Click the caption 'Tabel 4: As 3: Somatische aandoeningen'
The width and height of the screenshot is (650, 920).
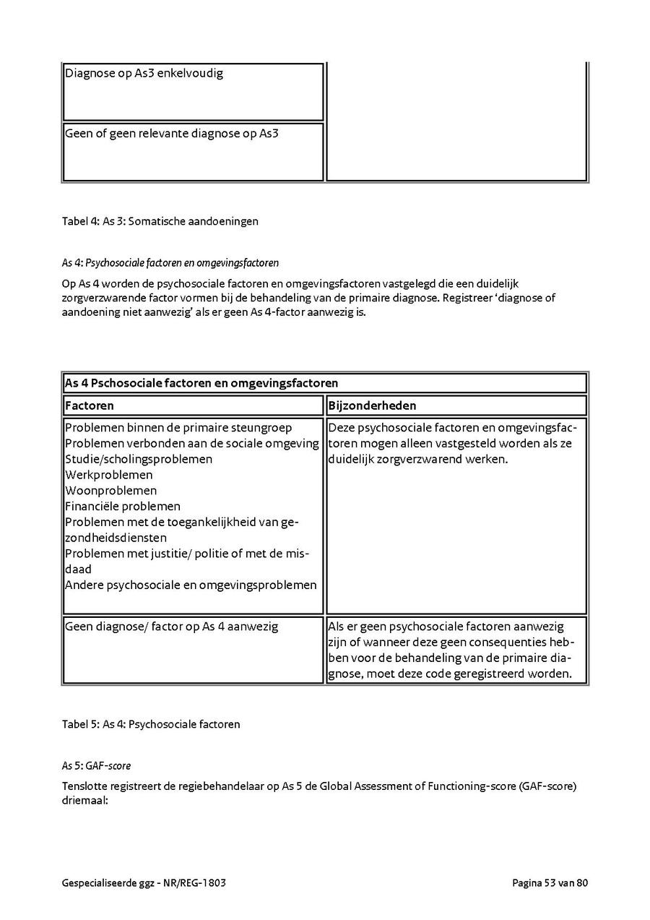click(x=160, y=221)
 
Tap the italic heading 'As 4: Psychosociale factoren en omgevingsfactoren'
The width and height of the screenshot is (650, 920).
click(x=170, y=262)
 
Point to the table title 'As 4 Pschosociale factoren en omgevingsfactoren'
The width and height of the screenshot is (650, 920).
click(x=201, y=382)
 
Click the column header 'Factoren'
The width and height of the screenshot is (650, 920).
click(x=90, y=405)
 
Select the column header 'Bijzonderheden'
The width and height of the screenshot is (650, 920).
click(x=372, y=405)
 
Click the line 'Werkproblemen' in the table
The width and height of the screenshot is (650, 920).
click(x=109, y=475)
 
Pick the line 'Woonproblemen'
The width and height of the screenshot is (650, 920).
click(x=110, y=491)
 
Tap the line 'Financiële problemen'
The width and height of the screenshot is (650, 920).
click(x=123, y=507)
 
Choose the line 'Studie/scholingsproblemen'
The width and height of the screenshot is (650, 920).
click(x=139, y=459)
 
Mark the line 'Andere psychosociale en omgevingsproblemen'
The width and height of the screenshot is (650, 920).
click(x=191, y=585)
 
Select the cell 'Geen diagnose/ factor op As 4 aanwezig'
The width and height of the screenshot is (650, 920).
click(x=171, y=627)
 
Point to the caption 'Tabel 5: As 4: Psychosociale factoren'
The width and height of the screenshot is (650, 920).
click(x=150, y=723)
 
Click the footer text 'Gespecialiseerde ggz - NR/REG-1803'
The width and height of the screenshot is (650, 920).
click(x=144, y=882)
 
